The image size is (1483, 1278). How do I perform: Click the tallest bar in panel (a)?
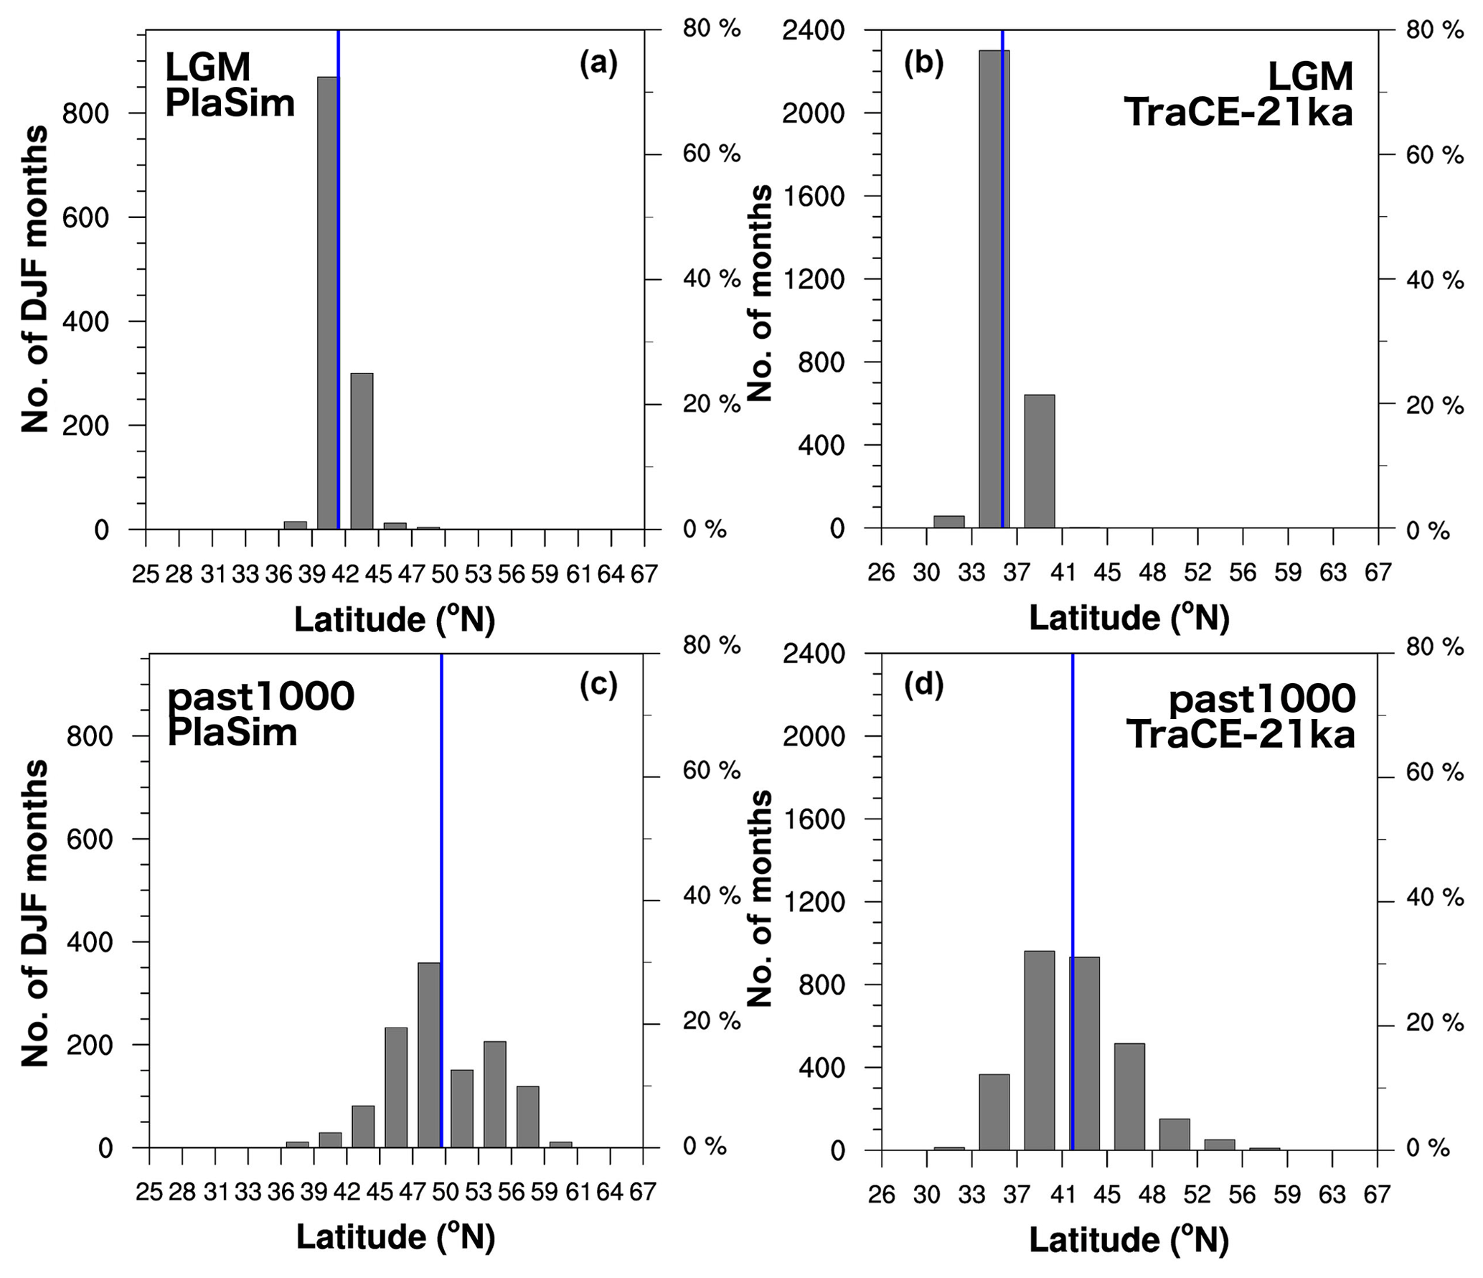tap(327, 301)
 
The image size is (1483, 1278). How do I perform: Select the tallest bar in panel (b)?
tap(993, 287)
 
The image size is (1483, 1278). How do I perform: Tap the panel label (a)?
tap(598, 65)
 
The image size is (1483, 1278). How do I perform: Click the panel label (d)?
tap(923, 685)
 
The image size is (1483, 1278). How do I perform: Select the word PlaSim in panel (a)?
tap(230, 104)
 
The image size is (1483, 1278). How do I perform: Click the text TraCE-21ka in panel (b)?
tap(1238, 113)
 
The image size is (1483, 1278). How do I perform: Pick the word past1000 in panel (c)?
tap(261, 696)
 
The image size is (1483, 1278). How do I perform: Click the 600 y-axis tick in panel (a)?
tap(85, 218)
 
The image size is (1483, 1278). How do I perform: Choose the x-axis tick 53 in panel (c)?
tap(478, 1192)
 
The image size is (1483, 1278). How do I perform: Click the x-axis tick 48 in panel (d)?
tap(1152, 1195)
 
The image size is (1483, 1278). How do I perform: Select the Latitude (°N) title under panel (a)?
tap(395, 619)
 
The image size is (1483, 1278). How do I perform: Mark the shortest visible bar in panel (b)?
tap(948, 522)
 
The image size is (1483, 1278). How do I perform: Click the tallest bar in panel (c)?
tap(428, 1055)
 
